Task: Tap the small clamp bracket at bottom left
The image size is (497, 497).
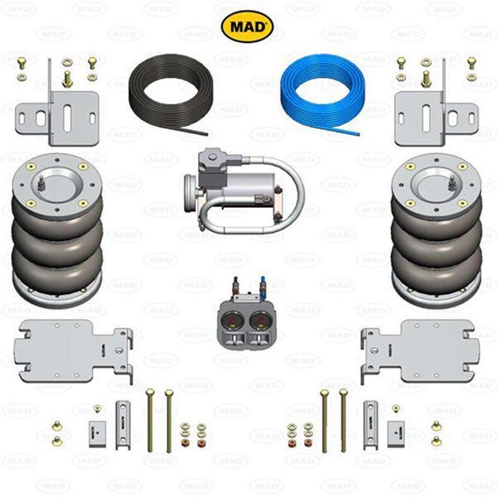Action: click(x=124, y=418)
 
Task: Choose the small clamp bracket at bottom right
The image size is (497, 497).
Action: click(x=371, y=418)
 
